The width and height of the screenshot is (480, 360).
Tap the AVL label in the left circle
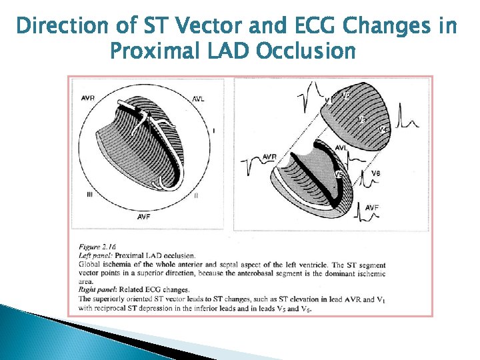pyautogui.click(x=199, y=99)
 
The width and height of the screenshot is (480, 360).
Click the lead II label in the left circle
pyautogui.click(x=196, y=195)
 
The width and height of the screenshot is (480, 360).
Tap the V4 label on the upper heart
pyautogui.click(x=383, y=129)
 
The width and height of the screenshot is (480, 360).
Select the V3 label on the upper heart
pyautogui.click(x=362, y=120)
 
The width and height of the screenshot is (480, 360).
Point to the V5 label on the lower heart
pyautogui.click(x=339, y=175)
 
